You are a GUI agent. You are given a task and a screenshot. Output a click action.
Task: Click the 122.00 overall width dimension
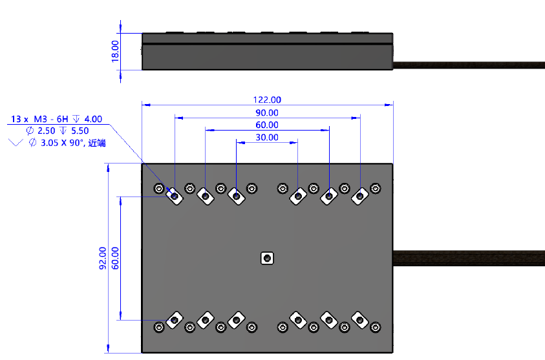click(267, 100)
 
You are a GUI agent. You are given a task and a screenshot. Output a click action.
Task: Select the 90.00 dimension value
click(267, 112)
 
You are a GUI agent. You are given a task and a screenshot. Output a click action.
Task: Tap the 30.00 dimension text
click(267, 138)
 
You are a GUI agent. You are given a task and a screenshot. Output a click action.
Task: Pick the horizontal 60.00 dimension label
click(267, 125)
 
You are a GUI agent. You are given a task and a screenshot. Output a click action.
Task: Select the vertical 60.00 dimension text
click(116, 258)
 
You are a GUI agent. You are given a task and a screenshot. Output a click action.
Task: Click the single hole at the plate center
click(266, 259)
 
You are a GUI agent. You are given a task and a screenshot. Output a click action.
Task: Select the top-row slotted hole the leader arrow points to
click(173, 194)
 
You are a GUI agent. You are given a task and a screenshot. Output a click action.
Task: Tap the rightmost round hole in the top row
click(375, 188)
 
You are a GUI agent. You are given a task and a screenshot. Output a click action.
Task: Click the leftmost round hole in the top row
click(159, 188)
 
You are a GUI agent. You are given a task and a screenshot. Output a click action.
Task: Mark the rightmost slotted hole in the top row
click(359, 195)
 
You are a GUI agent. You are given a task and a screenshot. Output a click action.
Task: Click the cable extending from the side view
click(469, 64)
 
